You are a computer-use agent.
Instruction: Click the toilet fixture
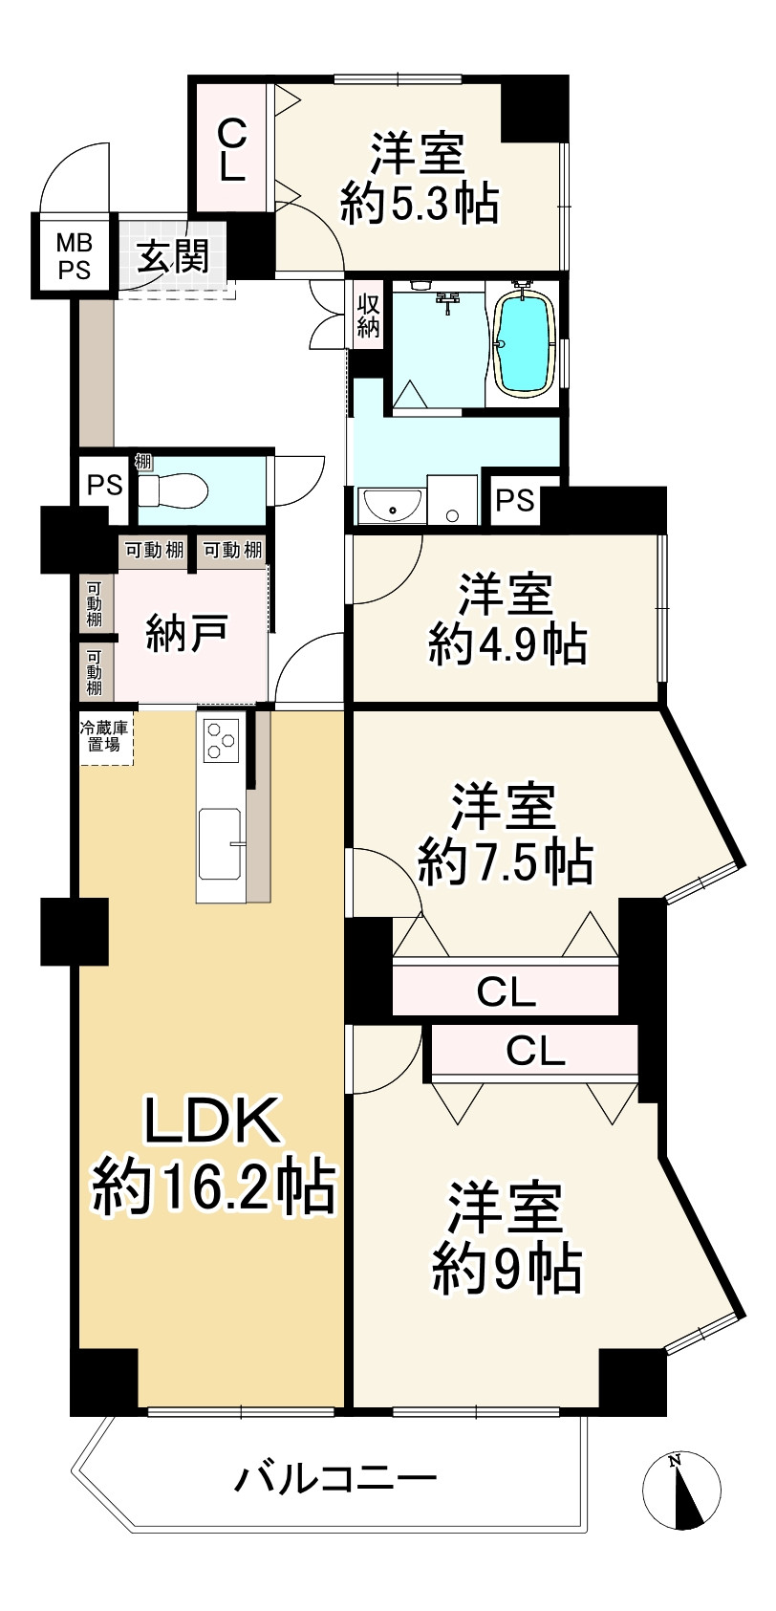174,490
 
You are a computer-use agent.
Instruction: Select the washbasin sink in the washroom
393,506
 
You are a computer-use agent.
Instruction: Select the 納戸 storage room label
187,634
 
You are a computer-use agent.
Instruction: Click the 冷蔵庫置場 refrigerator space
105,735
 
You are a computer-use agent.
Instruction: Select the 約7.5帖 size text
507,862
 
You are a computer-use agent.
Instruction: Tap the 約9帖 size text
507,1268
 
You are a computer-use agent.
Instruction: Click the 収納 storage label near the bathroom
369,316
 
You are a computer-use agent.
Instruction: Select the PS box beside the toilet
105,486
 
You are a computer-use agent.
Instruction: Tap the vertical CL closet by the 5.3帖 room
233,148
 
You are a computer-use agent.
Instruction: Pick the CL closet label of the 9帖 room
535,1052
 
